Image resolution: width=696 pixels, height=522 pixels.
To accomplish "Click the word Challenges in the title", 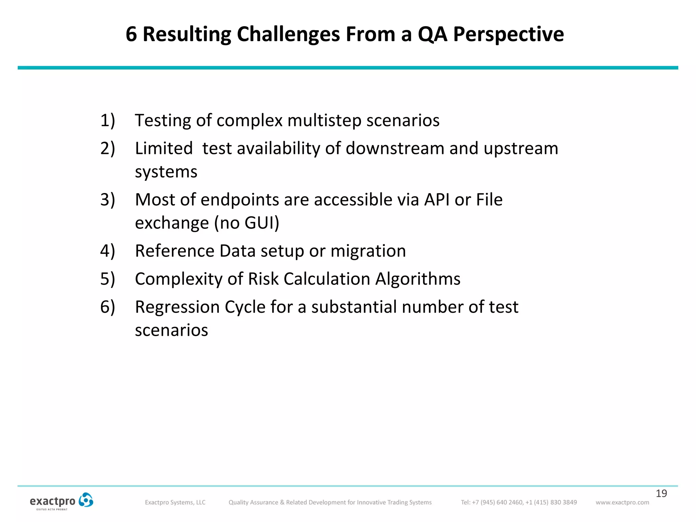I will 288,34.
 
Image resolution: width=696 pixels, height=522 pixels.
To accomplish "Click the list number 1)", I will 108,121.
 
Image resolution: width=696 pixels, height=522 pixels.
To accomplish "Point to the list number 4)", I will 108,251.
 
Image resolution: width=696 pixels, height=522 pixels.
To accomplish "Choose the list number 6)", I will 108,307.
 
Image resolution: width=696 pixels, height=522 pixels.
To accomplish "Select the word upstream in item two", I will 521,149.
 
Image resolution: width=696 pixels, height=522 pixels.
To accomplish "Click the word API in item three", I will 437,200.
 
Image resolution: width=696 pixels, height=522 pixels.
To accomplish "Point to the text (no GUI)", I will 246,223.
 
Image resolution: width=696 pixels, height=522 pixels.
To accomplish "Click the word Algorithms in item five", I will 418,279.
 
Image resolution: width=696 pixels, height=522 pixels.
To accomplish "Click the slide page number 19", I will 661,493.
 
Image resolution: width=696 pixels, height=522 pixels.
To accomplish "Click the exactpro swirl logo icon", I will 86,500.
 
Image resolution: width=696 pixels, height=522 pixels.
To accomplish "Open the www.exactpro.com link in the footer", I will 622,502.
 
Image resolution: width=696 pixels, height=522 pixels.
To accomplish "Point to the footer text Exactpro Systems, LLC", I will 175,502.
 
